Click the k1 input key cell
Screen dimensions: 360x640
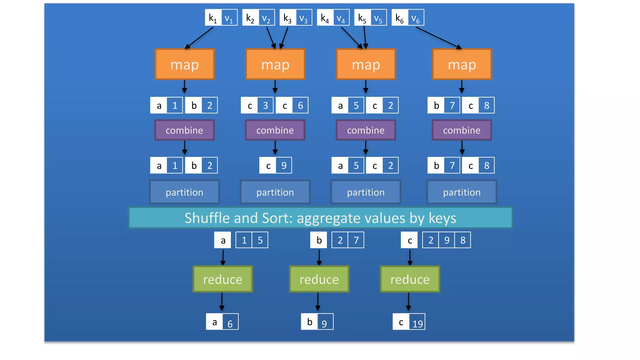[x=213, y=17]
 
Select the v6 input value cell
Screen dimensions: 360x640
[x=416, y=17]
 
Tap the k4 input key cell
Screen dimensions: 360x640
[x=325, y=17]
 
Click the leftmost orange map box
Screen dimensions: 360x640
[x=184, y=64]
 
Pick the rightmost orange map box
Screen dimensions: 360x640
[x=462, y=64]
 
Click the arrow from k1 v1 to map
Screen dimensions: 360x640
[x=199, y=37]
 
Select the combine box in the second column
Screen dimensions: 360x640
[x=275, y=130]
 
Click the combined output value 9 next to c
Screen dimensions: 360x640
[x=284, y=165]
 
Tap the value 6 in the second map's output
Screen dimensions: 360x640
[x=300, y=105]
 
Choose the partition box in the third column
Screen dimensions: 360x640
[x=366, y=192]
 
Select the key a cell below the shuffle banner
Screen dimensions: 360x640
[x=222, y=240]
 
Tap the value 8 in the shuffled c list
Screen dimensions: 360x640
[x=463, y=240]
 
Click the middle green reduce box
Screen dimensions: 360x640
[x=319, y=279]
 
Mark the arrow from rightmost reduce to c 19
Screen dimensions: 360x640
[x=408, y=302]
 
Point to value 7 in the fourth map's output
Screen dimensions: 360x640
[x=452, y=105]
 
